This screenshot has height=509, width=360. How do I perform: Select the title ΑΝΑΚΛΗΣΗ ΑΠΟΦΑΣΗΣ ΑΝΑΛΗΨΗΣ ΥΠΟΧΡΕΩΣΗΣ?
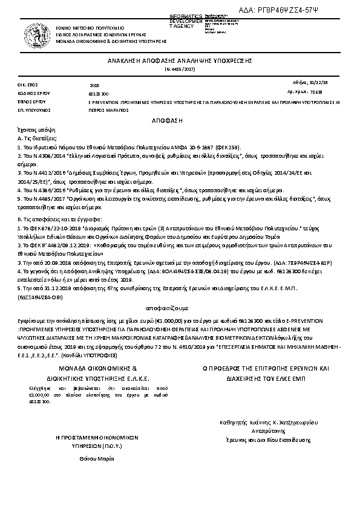click(180, 62)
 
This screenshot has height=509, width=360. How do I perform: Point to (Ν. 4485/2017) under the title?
click(180, 70)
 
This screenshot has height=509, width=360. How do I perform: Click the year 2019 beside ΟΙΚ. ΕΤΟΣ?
click(94, 86)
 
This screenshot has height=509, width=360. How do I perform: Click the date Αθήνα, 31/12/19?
click(329, 82)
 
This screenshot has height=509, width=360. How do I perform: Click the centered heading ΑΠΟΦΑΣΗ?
click(180, 121)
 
